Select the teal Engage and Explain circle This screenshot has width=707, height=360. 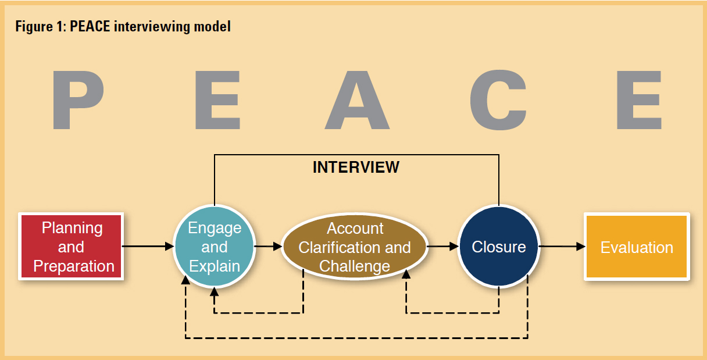click(x=214, y=247)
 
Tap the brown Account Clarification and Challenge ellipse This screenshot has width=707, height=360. click(x=355, y=247)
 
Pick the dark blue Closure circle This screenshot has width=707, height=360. click(x=499, y=247)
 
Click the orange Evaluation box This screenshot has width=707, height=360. click(x=637, y=247)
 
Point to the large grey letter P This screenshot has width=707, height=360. click(x=78, y=100)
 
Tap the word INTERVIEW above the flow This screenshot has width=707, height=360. click(x=356, y=167)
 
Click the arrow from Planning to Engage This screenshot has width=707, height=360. click(x=148, y=247)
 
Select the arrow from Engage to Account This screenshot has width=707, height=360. click(x=268, y=247)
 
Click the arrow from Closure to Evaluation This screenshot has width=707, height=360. click(x=562, y=247)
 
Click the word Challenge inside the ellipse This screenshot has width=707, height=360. click(x=355, y=266)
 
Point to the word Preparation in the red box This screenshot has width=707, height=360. click(x=74, y=266)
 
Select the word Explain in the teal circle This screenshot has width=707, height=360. click(x=215, y=266)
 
